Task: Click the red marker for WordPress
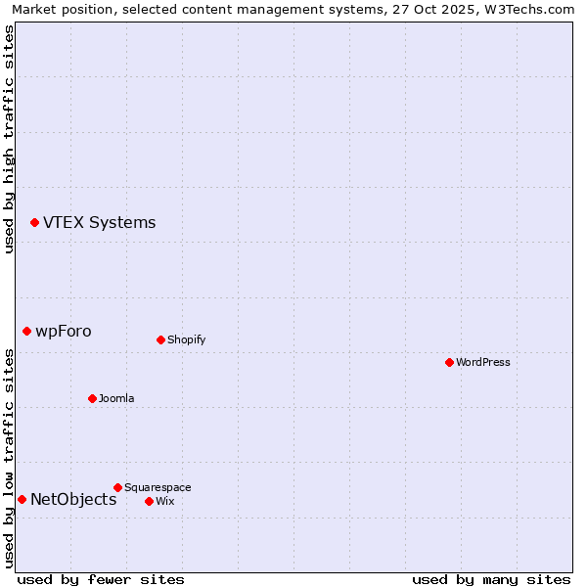449,362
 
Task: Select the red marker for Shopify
160,339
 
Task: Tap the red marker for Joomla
92,398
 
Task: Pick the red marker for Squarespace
117,487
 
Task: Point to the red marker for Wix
149,501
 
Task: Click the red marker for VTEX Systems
34,223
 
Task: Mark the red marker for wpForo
26,332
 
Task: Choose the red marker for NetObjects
22,500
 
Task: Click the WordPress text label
483,362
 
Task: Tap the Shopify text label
186,339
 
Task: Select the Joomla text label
116,398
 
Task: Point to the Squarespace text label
158,487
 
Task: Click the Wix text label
165,501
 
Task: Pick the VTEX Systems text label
99,222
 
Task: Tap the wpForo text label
64,331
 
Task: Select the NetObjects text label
73,499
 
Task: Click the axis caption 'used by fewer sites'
101,579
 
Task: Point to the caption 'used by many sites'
491,579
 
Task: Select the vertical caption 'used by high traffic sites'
10,139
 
